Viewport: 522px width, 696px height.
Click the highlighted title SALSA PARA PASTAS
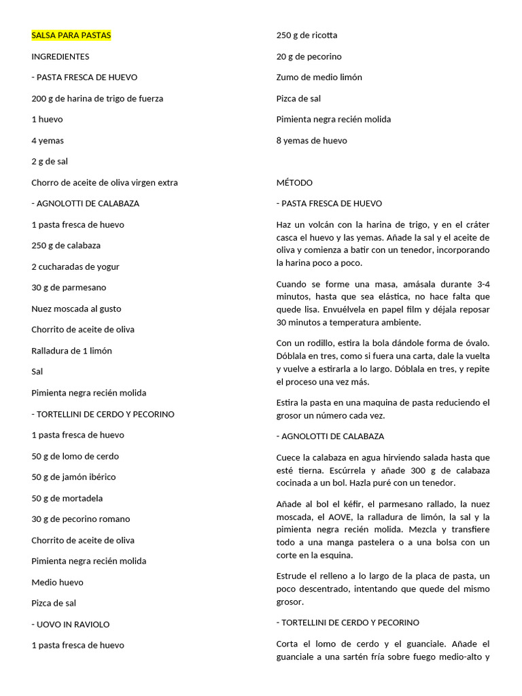point(71,35)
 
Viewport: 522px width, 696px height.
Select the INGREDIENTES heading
point(60,56)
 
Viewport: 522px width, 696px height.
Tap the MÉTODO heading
point(294,183)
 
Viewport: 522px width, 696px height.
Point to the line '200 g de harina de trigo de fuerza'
point(97,99)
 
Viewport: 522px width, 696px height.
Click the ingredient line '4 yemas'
point(48,141)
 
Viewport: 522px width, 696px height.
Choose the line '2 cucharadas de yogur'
point(75,266)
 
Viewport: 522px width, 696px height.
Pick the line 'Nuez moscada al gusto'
point(76,309)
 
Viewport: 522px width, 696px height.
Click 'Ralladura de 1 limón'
point(71,351)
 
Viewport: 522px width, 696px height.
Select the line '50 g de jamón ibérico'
point(73,477)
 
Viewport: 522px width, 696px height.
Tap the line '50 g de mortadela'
point(67,498)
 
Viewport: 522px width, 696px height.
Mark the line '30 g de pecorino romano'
point(81,519)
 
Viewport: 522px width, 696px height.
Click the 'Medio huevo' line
point(58,582)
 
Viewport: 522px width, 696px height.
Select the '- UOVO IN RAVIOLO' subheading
point(71,625)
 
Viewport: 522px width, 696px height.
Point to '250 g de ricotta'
point(307,35)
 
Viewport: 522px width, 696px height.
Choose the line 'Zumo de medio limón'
point(319,77)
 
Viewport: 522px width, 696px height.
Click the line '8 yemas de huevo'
point(312,141)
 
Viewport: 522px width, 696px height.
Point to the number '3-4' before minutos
point(484,284)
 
